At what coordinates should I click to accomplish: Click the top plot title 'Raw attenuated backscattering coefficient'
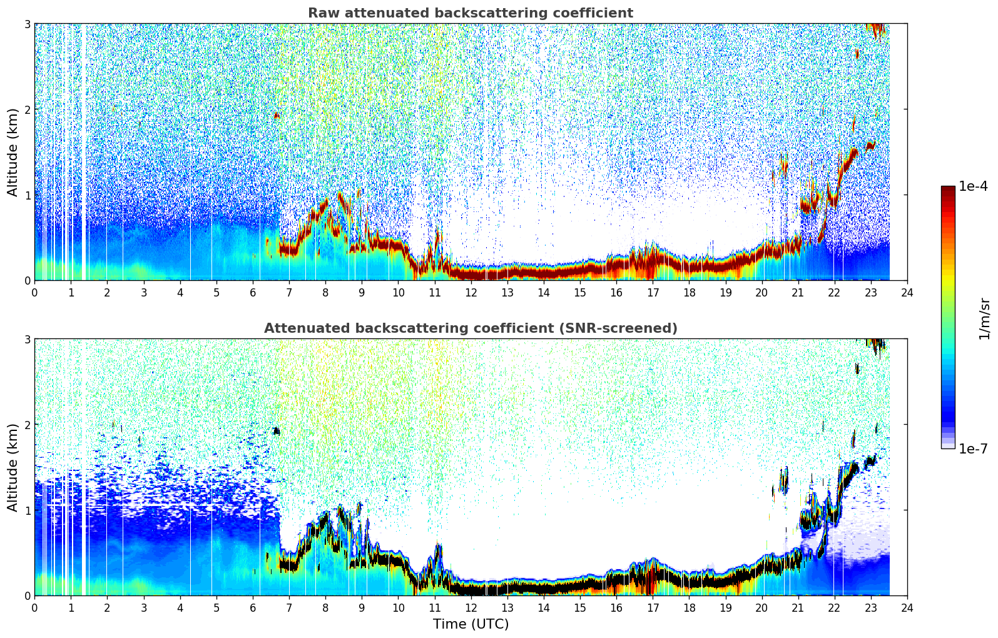tap(471, 13)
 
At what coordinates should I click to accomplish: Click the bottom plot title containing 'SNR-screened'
tap(471, 328)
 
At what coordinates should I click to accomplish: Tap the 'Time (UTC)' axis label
tap(471, 624)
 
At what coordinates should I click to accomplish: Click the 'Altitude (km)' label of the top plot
tap(13, 153)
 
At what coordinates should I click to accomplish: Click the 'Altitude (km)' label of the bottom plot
tap(13, 467)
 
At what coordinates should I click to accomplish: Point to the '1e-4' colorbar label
tap(973, 186)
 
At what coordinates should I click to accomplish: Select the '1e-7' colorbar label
tap(973, 448)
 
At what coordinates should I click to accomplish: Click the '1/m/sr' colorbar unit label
tap(984, 320)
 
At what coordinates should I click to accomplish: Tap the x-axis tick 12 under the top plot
tap(471, 293)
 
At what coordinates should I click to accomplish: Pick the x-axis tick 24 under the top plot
tap(907, 293)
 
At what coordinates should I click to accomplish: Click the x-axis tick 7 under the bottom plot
tap(289, 608)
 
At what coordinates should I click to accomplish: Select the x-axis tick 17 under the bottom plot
tap(653, 608)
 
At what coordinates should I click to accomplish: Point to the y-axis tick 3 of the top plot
tap(28, 24)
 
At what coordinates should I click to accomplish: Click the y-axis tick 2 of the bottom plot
tap(28, 425)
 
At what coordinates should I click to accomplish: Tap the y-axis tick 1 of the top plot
tap(28, 195)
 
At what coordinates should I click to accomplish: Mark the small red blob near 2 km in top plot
tap(277, 115)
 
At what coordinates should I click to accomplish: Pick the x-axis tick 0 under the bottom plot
tap(35, 608)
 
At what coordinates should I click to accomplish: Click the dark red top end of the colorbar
tap(948, 190)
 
